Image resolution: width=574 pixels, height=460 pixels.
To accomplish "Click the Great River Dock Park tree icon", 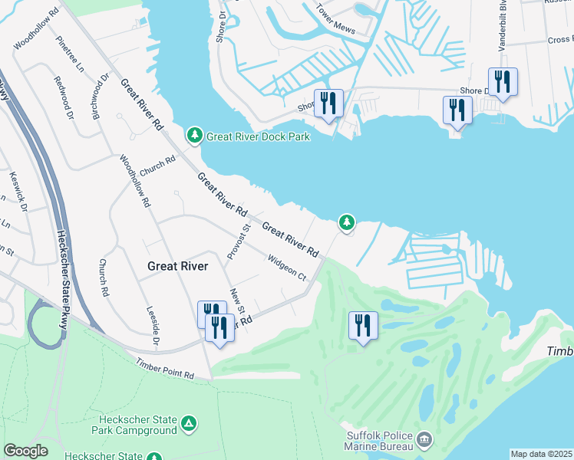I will click(195, 136).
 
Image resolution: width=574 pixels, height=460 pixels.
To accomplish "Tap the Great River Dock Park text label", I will click(258, 136).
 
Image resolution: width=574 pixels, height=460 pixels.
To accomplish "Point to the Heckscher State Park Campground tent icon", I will click(189, 422).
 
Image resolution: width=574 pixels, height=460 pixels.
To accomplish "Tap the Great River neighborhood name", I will click(177, 266).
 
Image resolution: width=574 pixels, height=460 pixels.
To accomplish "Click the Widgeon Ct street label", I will click(286, 268).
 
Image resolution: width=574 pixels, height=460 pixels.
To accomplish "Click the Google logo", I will click(25, 451).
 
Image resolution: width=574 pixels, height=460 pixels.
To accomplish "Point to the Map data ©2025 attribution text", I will click(540, 454).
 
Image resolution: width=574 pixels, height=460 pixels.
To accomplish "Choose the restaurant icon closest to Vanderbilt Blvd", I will click(503, 82).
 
